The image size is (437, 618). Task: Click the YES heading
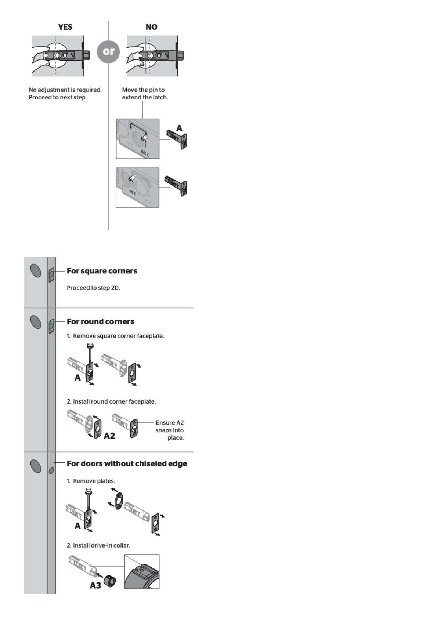pos(65,27)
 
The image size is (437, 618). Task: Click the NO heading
pos(151,27)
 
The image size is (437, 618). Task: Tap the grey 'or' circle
pos(108,51)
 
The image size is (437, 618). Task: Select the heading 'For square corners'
pos(102,271)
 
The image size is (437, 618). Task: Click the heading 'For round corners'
pos(100,321)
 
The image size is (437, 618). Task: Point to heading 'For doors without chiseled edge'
pos(127,463)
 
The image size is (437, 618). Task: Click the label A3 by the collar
pos(95,585)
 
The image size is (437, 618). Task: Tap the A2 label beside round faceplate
pos(109,436)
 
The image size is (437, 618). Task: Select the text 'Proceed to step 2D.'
pos(93,288)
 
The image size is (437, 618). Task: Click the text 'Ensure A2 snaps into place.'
pos(169,430)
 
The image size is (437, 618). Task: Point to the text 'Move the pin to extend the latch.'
pos(145,94)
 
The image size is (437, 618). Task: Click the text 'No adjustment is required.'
pos(65,90)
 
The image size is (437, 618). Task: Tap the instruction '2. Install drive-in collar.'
pos(98,545)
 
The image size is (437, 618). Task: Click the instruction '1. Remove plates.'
pos(91,481)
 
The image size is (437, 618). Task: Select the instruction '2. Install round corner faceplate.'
pos(111,401)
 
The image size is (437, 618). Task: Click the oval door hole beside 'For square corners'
pos(36,271)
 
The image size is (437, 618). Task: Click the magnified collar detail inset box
pos(142,571)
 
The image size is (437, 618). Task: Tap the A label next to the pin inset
pos(179,128)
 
